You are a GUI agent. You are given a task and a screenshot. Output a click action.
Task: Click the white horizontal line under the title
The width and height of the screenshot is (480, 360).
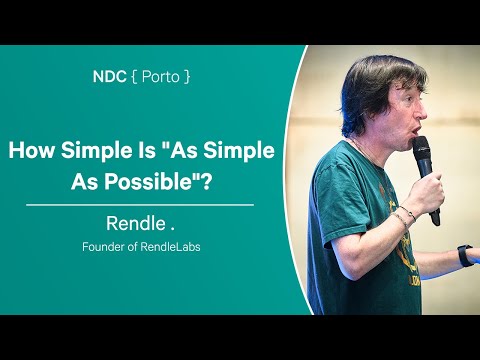139,203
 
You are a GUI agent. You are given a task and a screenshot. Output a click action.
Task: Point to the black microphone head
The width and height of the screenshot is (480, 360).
421,151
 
